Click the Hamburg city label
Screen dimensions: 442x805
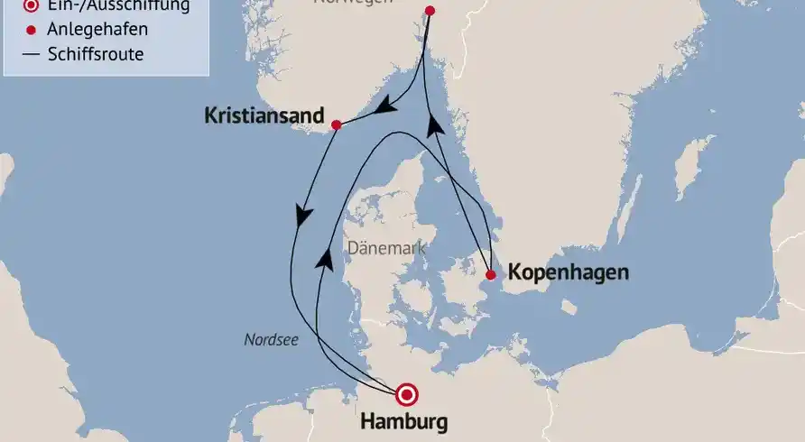coord(403,421)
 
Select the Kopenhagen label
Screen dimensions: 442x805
coord(568,272)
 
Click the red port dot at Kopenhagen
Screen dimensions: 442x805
coord(490,275)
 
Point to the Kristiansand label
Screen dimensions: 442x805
coord(264,116)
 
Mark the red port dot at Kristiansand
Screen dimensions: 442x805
coord(336,124)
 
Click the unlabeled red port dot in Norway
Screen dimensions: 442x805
coord(430,11)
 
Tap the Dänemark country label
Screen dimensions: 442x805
coord(385,248)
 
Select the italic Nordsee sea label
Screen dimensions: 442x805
coord(271,340)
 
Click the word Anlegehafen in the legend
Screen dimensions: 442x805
coord(99,30)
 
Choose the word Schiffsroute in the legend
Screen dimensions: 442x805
coord(96,54)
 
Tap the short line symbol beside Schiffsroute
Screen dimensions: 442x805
coord(32,54)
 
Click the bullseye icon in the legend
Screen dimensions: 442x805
coord(32,6)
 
